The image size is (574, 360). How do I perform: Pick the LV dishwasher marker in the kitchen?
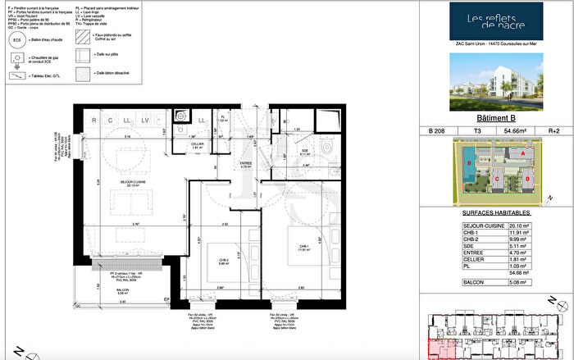144,121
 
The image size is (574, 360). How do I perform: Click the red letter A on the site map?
522,153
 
